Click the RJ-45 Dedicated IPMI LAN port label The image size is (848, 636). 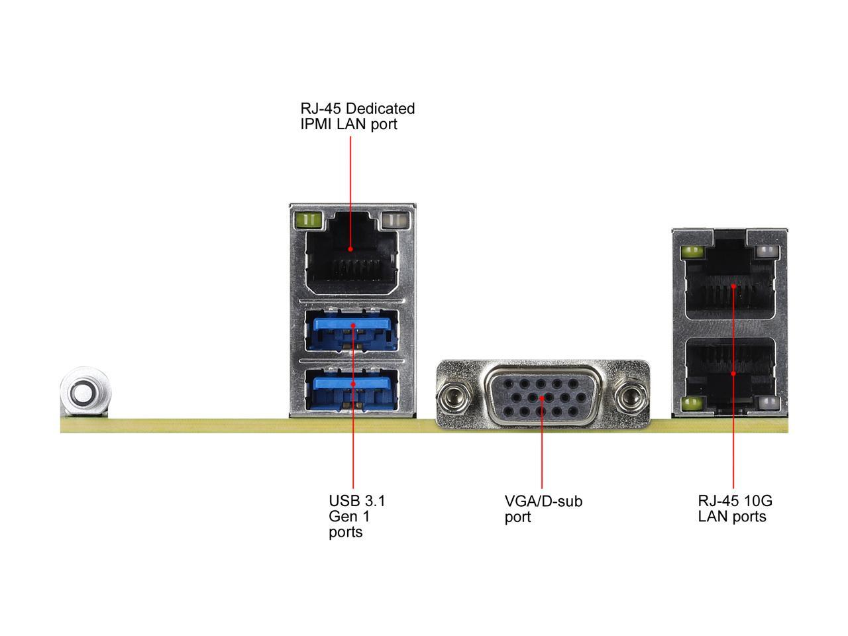click(357, 116)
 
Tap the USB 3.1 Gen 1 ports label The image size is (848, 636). click(356, 516)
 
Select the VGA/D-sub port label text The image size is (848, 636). click(543, 509)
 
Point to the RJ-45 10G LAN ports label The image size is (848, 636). click(735, 509)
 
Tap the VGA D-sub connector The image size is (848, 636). click(542, 397)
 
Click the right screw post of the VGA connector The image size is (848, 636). click(629, 398)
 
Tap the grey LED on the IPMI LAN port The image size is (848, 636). click(394, 219)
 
